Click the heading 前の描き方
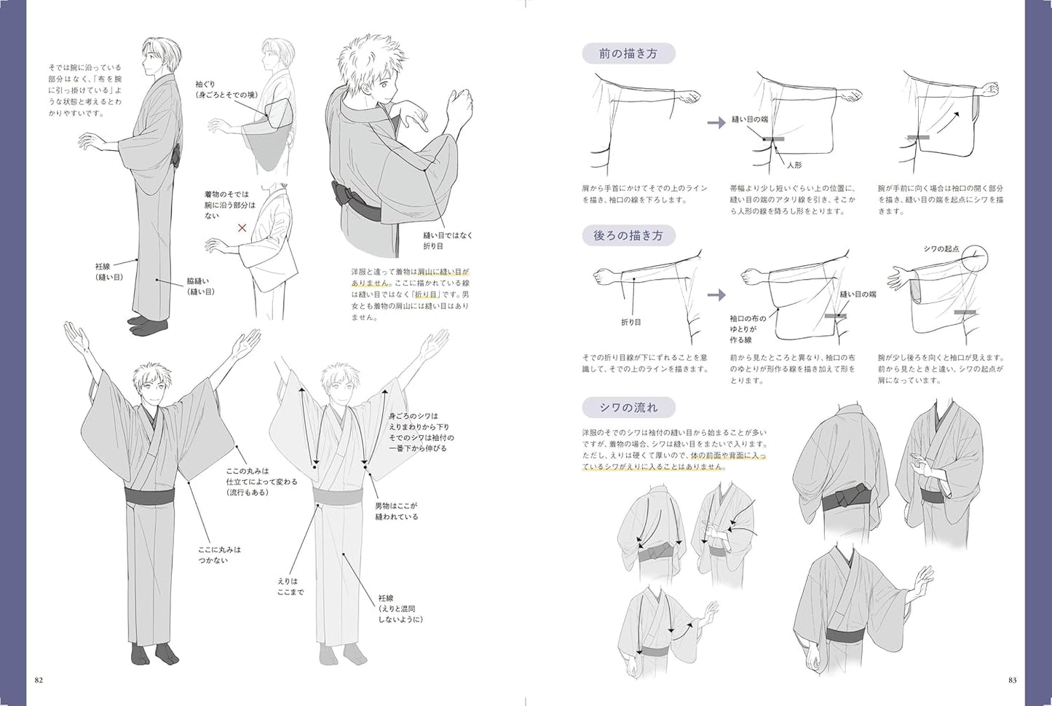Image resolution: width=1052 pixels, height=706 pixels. pyautogui.click(x=628, y=54)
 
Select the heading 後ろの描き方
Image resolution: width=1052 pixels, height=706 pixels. pyautogui.click(x=628, y=235)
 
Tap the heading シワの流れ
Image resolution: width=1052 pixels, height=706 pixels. pyautogui.click(x=628, y=407)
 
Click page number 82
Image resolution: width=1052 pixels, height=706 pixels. pyautogui.click(x=39, y=680)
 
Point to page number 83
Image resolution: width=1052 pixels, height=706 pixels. pyautogui.click(x=1012, y=680)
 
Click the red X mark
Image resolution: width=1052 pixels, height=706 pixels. pyautogui.click(x=242, y=228)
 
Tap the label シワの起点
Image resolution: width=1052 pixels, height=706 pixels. pyautogui.click(x=941, y=249)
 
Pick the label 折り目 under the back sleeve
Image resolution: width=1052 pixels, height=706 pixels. pyautogui.click(x=630, y=321)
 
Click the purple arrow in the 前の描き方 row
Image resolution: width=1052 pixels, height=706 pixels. pyautogui.click(x=717, y=122)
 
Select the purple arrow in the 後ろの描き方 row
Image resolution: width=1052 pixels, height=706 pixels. pyautogui.click(x=717, y=295)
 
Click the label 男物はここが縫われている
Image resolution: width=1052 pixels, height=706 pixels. pyautogui.click(x=396, y=511)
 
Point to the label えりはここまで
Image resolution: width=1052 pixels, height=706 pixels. pyautogui.click(x=290, y=587)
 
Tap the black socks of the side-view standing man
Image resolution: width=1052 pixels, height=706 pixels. pyautogui.click(x=146, y=321)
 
